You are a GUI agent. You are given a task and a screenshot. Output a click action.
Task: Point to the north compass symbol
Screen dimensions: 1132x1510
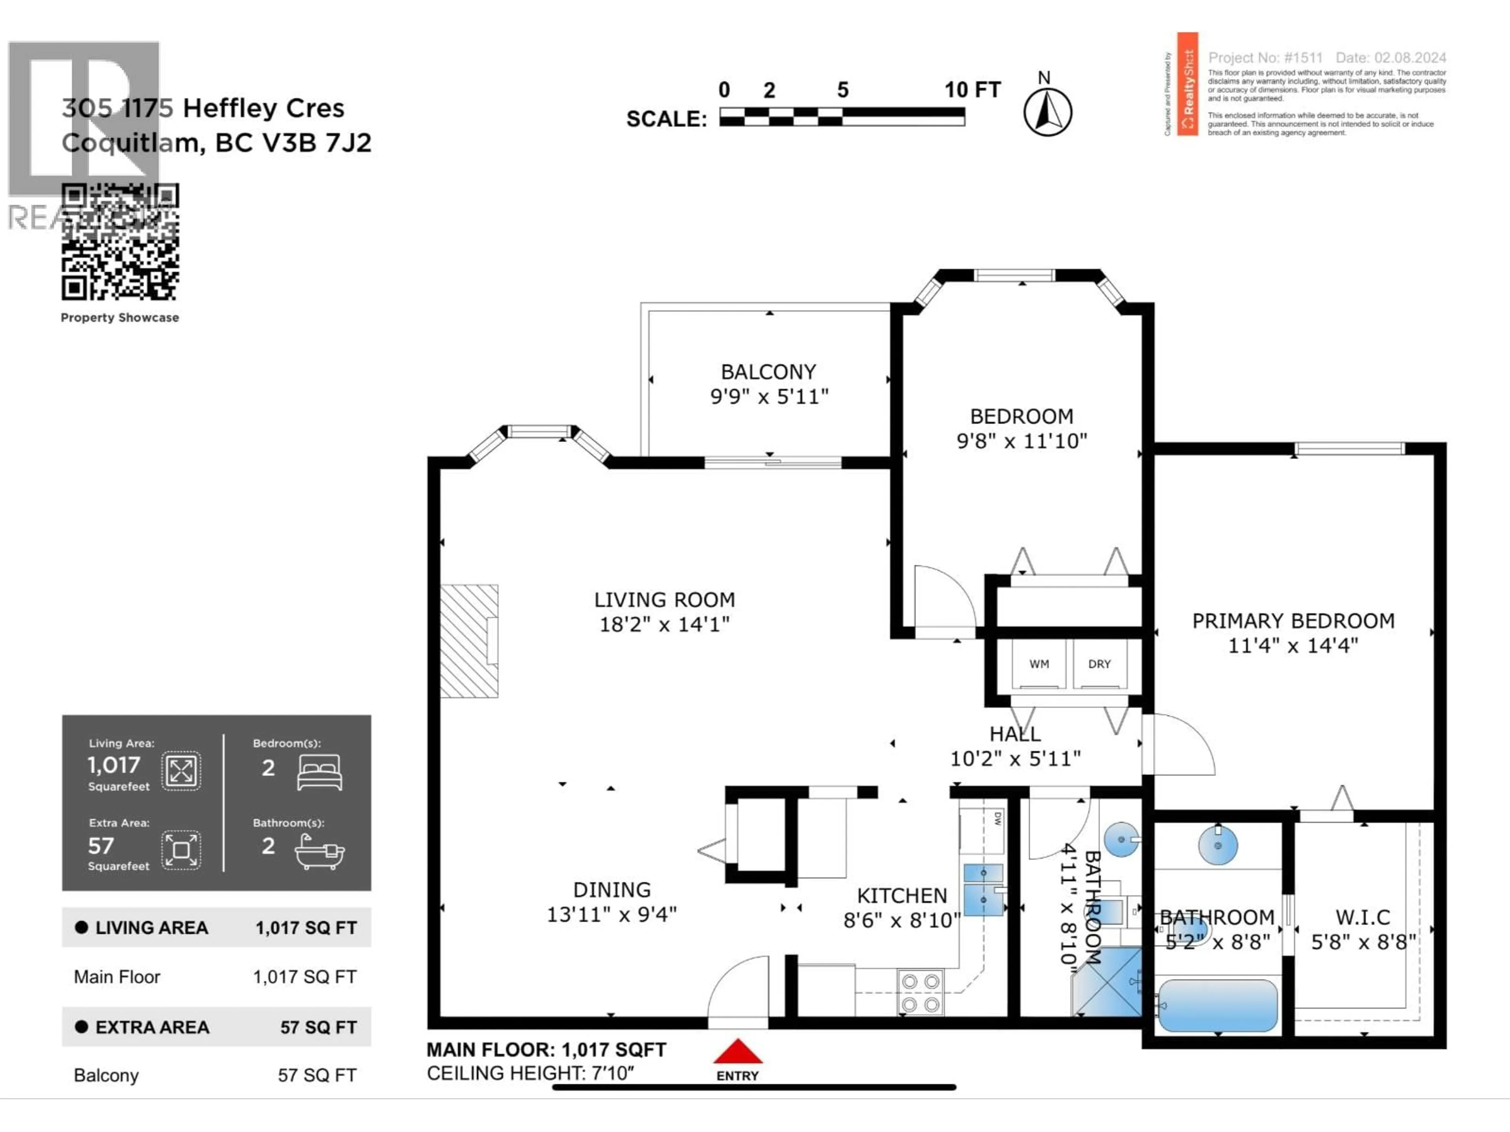(x=1047, y=111)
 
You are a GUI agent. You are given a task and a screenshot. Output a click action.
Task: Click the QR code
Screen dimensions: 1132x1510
(x=120, y=242)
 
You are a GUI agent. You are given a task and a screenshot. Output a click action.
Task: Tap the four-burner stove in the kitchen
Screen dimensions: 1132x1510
(x=920, y=993)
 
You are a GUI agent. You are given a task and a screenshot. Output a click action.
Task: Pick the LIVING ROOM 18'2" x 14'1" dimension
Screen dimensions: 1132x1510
(x=664, y=624)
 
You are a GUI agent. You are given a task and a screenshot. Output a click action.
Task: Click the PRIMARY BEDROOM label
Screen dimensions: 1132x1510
(x=1293, y=621)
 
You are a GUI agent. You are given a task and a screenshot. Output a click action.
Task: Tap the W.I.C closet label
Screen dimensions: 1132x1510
(x=1363, y=917)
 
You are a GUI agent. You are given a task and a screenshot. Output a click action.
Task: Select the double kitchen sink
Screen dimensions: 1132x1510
(x=983, y=889)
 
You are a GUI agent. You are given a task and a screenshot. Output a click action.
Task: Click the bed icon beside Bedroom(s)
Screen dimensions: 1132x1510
(x=319, y=772)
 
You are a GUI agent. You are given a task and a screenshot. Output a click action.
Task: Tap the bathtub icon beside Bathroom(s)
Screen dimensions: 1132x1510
(x=319, y=852)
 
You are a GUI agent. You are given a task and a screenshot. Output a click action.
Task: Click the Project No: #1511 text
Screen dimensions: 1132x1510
(x=1265, y=58)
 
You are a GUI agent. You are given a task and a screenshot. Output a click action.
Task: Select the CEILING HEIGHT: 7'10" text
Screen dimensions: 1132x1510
(x=530, y=1073)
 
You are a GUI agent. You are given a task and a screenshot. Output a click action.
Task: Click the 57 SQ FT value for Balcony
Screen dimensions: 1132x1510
(x=317, y=1075)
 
